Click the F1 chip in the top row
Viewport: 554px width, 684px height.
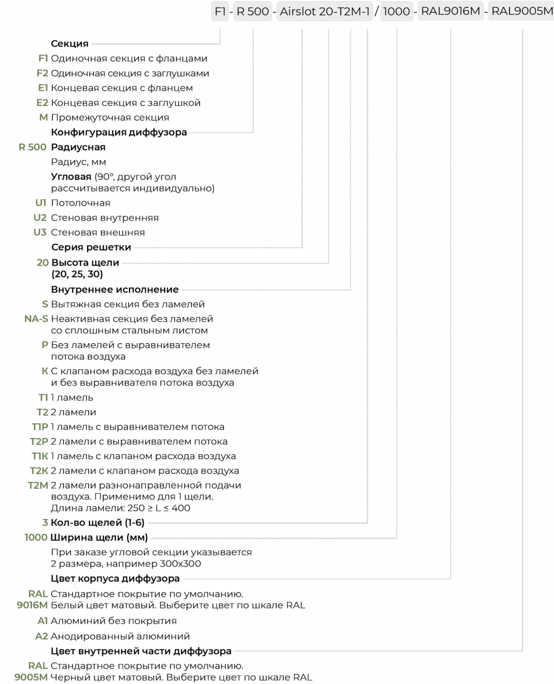tap(221, 12)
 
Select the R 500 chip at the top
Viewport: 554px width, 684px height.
tap(252, 12)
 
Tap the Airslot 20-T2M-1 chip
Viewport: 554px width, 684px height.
tap(324, 12)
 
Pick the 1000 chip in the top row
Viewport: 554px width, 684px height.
tap(397, 12)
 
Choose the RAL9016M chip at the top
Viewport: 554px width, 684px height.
tap(450, 12)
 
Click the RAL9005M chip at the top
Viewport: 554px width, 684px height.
tap(522, 12)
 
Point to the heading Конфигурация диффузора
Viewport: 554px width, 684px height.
tap(119, 133)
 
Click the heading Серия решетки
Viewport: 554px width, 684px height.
tap(91, 247)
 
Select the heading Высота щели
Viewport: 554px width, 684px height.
tap(85, 262)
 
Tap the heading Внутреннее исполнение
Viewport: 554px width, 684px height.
tap(115, 289)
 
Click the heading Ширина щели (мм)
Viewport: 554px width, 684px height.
tap(99, 537)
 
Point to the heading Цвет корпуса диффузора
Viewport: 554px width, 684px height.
tap(115, 579)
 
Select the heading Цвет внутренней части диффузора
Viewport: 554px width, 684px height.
tap(141, 651)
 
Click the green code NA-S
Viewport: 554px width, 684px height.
tap(36, 319)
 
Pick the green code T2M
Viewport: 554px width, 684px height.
tap(38, 485)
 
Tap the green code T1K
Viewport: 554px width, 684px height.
tap(40, 456)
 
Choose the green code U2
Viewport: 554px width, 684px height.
tap(40, 218)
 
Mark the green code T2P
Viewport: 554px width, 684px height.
tap(39, 441)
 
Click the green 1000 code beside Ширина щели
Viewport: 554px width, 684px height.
tap(36, 537)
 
